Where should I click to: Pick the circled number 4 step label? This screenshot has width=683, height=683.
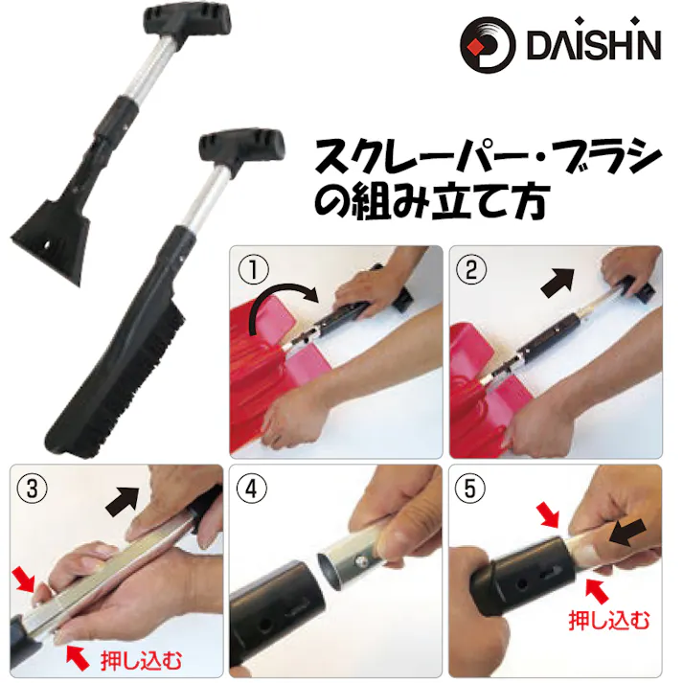252,487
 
